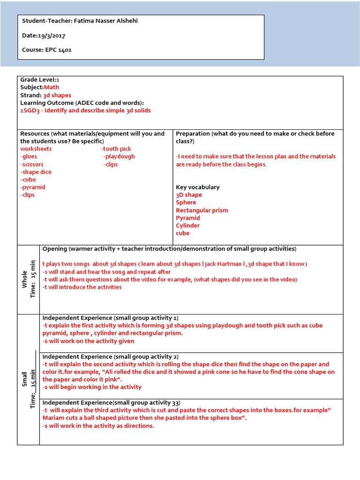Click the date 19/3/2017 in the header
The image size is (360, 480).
click(52, 35)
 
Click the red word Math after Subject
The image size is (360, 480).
click(52, 87)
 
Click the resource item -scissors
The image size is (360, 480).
click(32, 165)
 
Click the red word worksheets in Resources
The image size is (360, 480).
click(36, 149)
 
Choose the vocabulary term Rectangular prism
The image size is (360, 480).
click(202, 210)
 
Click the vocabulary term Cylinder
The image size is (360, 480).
click(187, 225)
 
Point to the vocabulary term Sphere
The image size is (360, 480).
click(186, 202)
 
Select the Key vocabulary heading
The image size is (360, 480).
click(197, 187)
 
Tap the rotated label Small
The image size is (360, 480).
click(25, 379)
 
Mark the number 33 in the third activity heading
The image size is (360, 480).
click(175, 403)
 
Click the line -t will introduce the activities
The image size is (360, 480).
click(82, 287)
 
